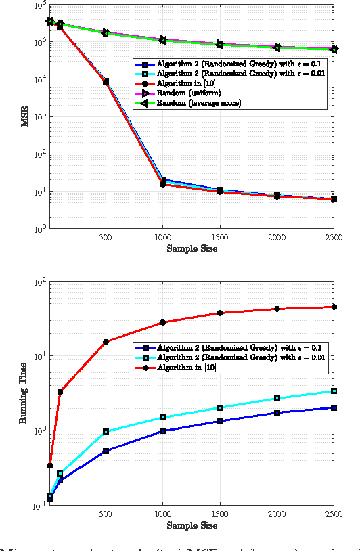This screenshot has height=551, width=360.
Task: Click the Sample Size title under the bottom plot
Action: point(192,525)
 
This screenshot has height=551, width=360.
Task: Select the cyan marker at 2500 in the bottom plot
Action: point(334,391)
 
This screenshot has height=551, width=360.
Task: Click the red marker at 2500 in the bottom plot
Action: point(334,307)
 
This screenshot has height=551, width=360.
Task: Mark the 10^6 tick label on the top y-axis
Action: point(38,5)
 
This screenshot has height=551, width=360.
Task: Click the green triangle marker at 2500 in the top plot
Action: point(334,49)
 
